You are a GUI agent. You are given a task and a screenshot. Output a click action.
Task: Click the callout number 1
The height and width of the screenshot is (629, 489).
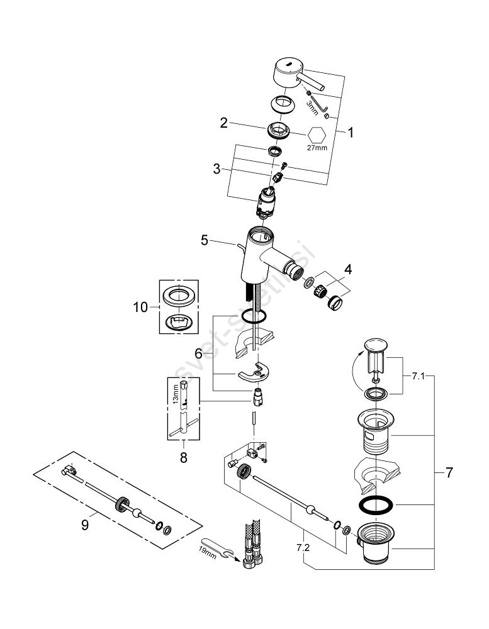click(x=351, y=133)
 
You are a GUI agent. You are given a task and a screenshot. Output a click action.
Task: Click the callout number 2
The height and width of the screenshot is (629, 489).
click(x=223, y=123)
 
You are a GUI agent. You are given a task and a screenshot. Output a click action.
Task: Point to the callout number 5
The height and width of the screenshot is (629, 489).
click(x=204, y=240)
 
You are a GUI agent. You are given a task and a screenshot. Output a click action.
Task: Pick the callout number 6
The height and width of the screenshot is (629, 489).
click(x=198, y=354)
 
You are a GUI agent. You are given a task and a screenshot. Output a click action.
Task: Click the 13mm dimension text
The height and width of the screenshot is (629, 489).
click(x=177, y=395)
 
